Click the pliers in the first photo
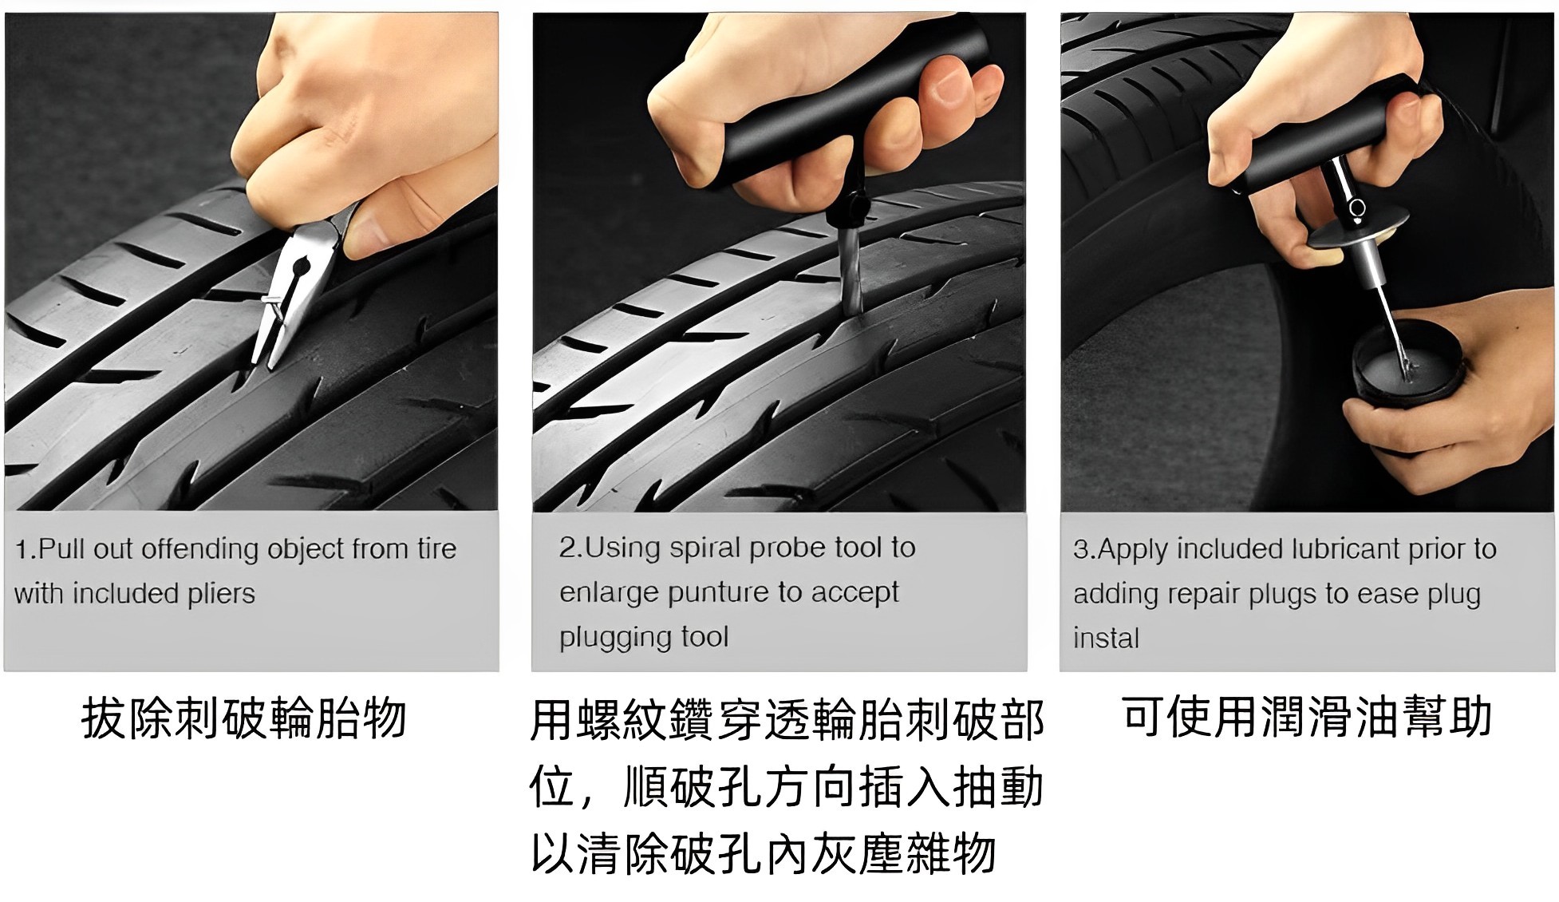pos(299,287)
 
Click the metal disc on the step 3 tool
pos(1357,227)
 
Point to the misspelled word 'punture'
pos(719,592)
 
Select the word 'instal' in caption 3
pos(1106,639)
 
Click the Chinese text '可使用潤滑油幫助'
pos(1307,715)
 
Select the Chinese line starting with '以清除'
pos(764,853)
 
